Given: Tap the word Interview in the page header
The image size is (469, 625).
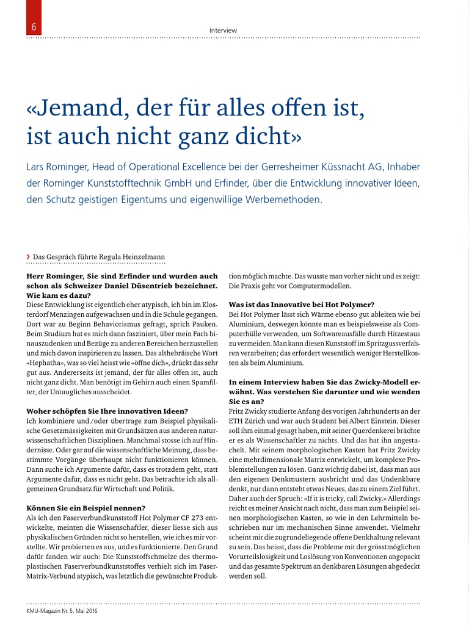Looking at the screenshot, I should click(223, 31).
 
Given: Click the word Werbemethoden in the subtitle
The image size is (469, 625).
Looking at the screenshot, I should click(280, 199).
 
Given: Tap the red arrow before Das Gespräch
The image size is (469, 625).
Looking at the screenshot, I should click(29, 256).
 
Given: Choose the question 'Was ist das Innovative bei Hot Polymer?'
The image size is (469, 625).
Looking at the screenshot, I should click(301, 304).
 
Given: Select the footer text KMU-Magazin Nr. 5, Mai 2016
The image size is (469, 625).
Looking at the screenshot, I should click(62, 610).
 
